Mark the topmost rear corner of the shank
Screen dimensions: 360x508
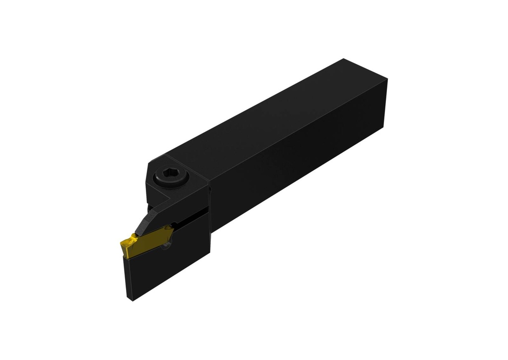pos(344,59)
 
